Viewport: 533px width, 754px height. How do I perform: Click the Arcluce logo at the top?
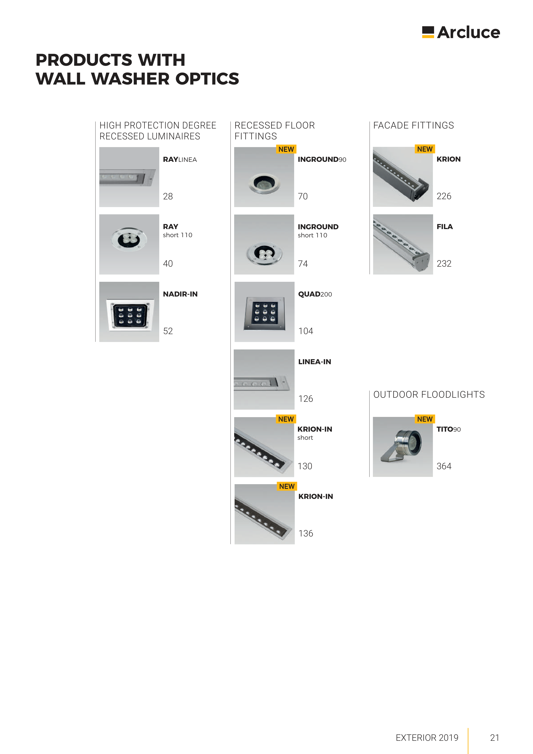[x=461, y=32]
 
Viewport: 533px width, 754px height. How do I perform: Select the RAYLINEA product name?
[x=180, y=160]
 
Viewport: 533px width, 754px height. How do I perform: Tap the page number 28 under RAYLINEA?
[x=168, y=196]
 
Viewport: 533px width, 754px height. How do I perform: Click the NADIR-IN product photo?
[x=129, y=312]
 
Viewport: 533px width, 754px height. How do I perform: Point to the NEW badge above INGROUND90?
[x=286, y=149]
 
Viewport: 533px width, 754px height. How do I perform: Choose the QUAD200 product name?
[x=315, y=294]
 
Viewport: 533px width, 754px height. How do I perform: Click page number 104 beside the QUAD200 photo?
[x=305, y=331]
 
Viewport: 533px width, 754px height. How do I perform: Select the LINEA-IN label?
[x=315, y=362]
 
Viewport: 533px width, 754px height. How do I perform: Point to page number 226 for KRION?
[x=444, y=196]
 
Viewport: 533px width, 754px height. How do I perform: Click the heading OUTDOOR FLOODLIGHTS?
[x=429, y=395]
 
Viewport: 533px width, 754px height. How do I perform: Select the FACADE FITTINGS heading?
[x=413, y=126]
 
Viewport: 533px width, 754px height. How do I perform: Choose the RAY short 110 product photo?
[x=129, y=244]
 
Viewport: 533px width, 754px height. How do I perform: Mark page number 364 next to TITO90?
[x=444, y=466]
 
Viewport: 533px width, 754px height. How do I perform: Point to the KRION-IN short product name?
[x=315, y=433]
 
